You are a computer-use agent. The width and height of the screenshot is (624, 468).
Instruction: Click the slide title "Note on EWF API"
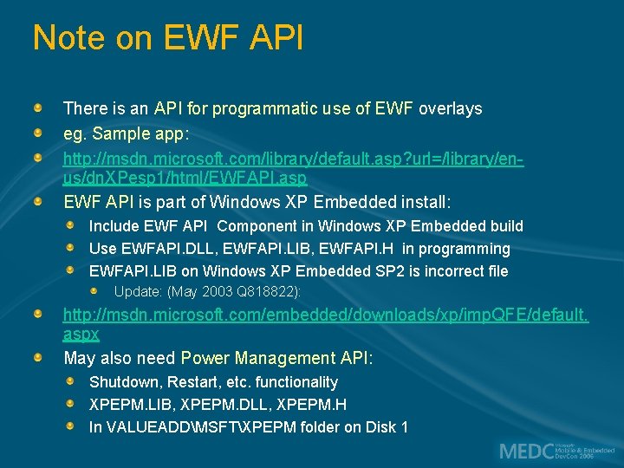pos(167,38)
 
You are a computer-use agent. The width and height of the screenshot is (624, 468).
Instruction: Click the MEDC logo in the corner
pos(555,451)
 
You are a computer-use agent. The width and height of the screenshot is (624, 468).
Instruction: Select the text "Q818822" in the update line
pos(267,292)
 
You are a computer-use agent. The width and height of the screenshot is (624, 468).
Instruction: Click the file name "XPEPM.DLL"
pos(212,405)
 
